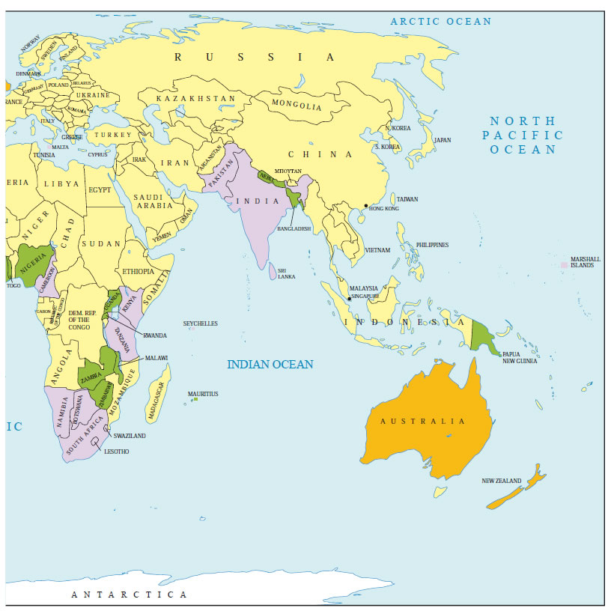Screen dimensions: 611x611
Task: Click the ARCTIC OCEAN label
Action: [x=441, y=22]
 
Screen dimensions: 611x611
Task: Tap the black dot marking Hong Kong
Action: [x=365, y=206]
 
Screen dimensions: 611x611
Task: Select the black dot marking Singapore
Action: [x=349, y=299]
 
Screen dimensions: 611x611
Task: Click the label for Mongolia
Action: [x=296, y=106]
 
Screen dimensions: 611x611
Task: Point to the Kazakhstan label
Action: [x=195, y=99]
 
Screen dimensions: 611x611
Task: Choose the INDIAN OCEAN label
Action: [x=270, y=365]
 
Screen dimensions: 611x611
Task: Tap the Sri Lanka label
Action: [x=286, y=273]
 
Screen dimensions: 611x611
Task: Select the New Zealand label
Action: [x=501, y=481]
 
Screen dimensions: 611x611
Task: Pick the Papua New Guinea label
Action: [x=521, y=357]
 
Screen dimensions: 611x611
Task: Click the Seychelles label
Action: [x=201, y=323]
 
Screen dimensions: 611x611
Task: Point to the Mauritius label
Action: [x=203, y=393]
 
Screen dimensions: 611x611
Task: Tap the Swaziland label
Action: [x=130, y=435]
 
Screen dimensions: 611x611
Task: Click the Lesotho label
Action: [x=117, y=452]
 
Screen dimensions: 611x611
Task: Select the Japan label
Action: [x=443, y=140]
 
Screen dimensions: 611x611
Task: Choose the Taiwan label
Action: [x=407, y=199]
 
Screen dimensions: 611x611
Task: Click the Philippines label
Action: [x=432, y=245]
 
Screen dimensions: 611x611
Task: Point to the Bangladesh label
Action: [x=294, y=228]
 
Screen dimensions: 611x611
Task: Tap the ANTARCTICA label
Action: [x=129, y=595]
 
